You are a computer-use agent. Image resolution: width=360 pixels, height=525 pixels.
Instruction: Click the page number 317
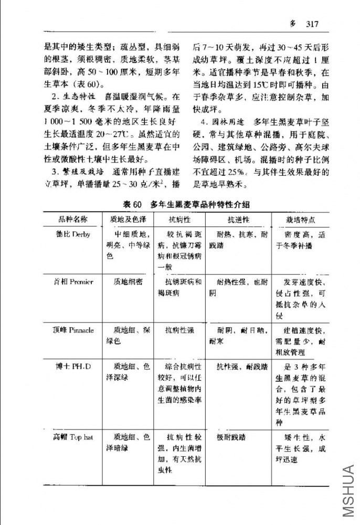[x=312, y=24]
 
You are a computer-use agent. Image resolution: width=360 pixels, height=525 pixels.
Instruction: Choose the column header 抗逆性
[x=238, y=219]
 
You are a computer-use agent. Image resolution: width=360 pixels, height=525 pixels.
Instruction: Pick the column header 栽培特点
[x=300, y=219]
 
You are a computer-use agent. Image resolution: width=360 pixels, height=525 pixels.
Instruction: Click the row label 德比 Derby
[x=73, y=234]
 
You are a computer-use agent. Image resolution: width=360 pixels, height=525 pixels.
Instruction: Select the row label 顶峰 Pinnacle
[x=73, y=330]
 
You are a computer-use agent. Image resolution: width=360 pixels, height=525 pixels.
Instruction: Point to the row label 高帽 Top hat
[x=73, y=437]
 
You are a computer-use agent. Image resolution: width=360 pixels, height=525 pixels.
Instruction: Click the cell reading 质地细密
[x=128, y=282]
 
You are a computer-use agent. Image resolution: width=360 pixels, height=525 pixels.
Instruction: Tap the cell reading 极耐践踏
[x=231, y=437]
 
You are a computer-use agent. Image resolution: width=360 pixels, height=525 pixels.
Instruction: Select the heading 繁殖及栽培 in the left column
[x=76, y=172]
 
